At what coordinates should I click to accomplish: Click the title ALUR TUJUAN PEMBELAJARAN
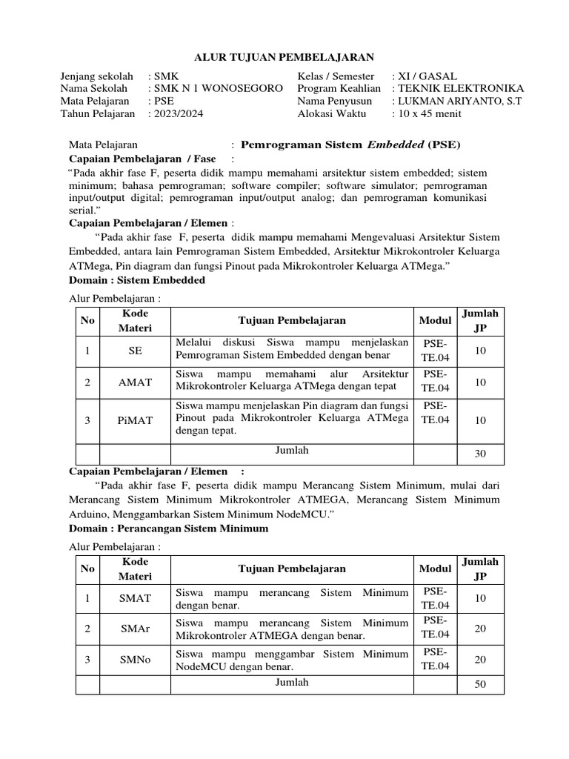[284, 56]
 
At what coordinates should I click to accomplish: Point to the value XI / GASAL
[427, 76]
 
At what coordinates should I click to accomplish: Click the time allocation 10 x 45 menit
[430, 113]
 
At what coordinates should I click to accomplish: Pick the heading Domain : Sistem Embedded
[137, 281]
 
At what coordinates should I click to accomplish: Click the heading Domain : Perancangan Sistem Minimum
[168, 528]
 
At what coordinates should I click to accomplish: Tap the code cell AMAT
[135, 382]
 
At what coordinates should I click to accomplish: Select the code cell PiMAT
[135, 420]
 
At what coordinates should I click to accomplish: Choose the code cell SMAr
[135, 629]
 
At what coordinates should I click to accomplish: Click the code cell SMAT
[135, 597]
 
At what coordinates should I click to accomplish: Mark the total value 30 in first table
[480, 454]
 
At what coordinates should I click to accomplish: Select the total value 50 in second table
[480, 684]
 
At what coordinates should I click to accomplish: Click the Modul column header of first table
[435, 320]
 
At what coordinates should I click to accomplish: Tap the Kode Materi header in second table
[135, 569]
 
